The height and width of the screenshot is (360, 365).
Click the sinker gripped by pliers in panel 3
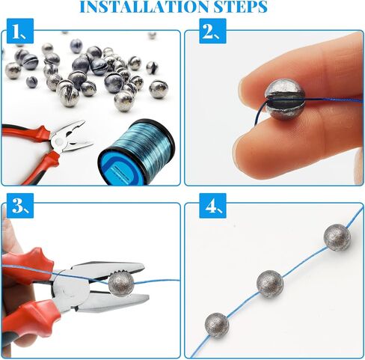click(120, 283)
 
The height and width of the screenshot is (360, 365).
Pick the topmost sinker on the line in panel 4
click(337, 237)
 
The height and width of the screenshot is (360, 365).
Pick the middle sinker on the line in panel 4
click(270, 283)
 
